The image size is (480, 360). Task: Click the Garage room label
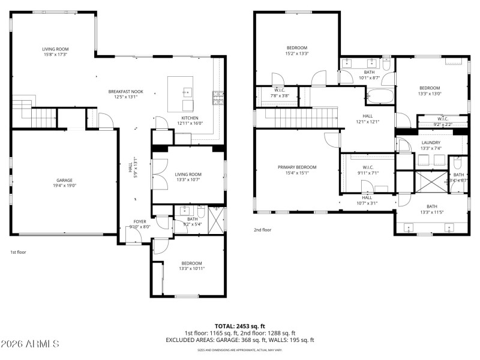tap(64, 180)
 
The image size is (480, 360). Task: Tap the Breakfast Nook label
tap(125, 91)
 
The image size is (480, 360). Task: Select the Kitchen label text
tap(190, 118)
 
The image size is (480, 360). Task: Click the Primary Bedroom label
tap(296, 167)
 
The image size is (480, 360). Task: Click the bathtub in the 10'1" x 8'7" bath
tap(380, 95)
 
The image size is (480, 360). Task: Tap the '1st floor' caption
tap(19, 253)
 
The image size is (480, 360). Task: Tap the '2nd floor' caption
tap(262, 229)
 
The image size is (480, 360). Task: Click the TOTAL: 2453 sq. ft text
tap(239, 326)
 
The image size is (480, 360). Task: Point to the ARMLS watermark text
tap(30, 344)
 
